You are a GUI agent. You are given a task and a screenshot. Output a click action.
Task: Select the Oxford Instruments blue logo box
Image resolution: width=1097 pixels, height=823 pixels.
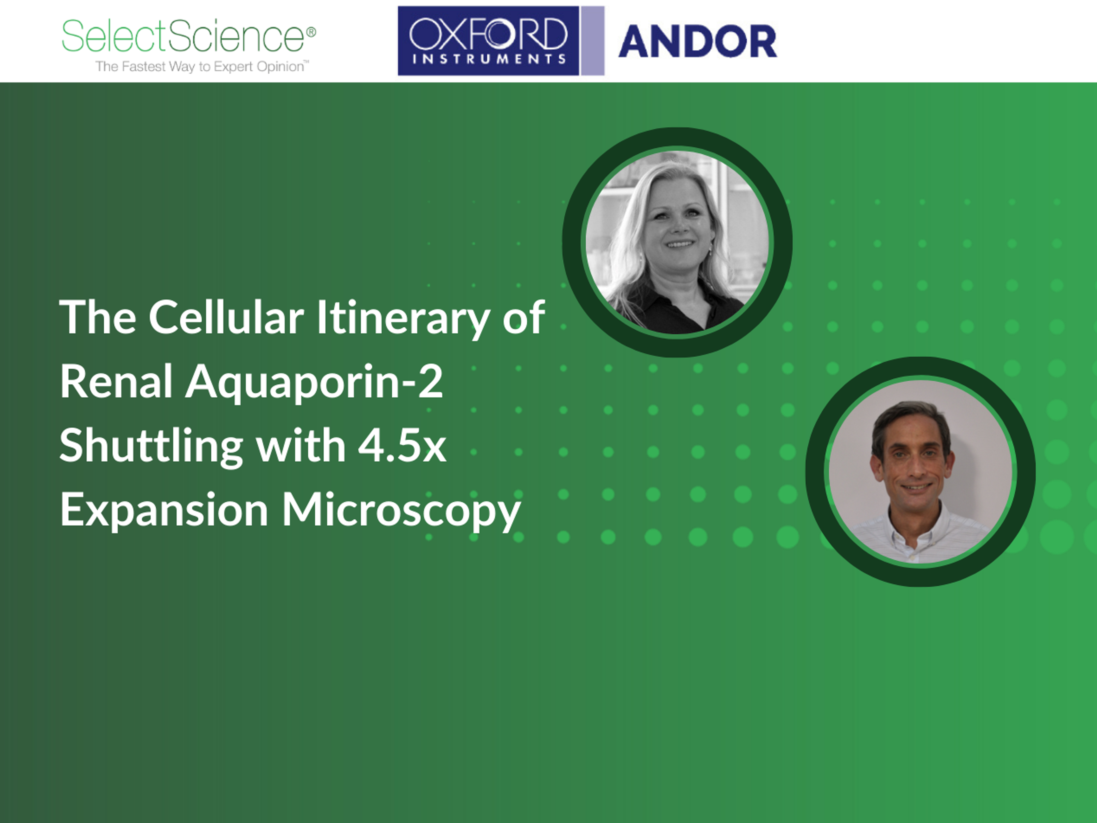click(489, 41)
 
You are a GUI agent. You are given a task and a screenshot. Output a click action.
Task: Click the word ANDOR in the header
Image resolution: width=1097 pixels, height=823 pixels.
click(697, 41)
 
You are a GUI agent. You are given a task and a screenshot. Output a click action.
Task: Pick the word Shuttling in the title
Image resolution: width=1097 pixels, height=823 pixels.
click(151, 446)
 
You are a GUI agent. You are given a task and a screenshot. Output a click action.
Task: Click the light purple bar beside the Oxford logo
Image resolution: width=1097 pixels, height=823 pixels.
click(593, 41)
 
